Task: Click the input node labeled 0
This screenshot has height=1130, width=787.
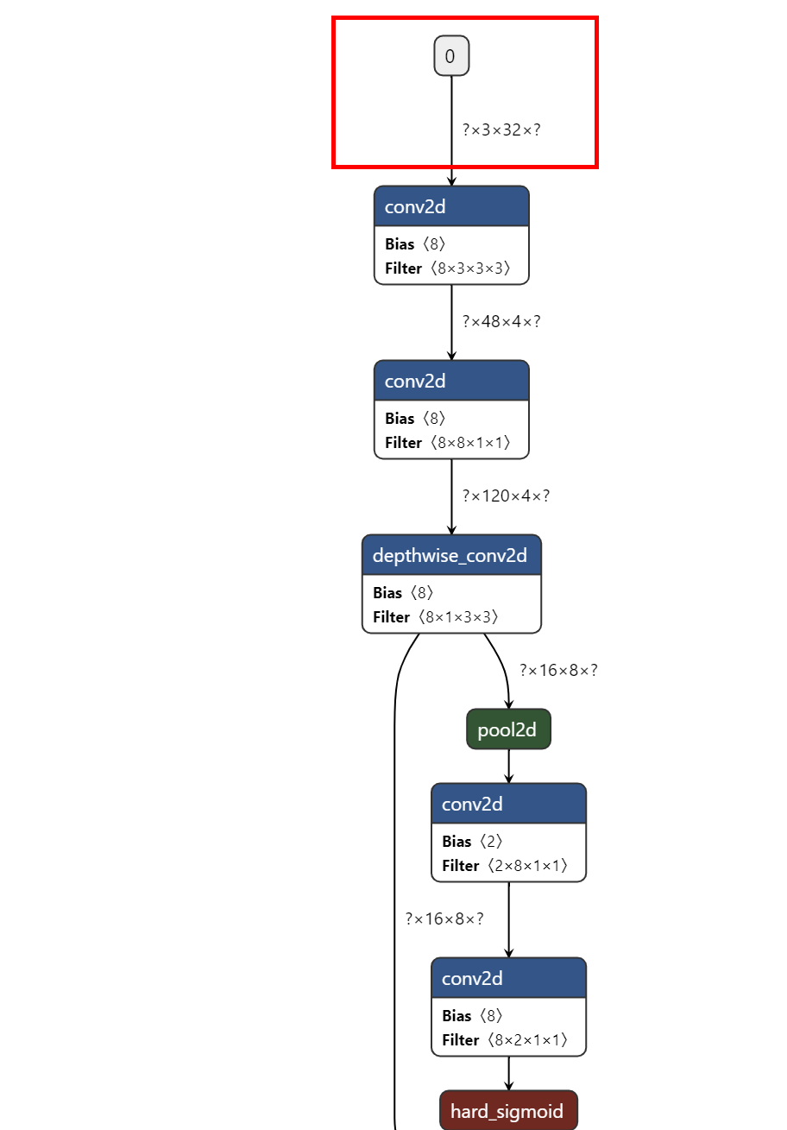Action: pyautogui.click(x=451, y=56)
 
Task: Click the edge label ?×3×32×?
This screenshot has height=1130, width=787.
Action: pyautogui.click(x=501, y=130)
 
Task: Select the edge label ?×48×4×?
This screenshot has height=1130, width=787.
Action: pyautogui.click(x=501, y=322)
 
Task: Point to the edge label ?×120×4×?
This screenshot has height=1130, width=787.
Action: pyautogui.click(x=506, y=496)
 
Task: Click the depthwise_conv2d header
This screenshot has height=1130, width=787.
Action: pyautogui.click(x=450, y=555)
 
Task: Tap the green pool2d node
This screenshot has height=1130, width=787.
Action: pyautogui.click(x=508, y=729)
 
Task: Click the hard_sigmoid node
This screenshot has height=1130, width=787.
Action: pyautogui.click(x=507, y=1111)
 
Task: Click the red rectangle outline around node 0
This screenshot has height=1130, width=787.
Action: pyautogui.click(x=335, y=92)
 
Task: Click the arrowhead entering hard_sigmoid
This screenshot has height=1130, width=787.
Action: pyautogui.click(x=508, y=1086)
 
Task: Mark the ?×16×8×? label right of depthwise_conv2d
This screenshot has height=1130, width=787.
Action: pyautogui.click(x=558, y=671)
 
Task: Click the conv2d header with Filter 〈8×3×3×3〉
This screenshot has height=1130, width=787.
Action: pyautogui.click(x=450, y=207)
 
